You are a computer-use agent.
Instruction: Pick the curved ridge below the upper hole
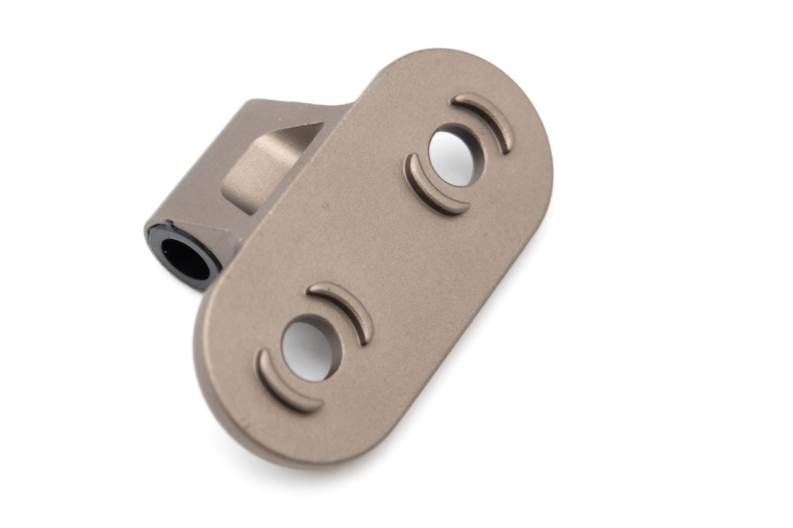(431, 189)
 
